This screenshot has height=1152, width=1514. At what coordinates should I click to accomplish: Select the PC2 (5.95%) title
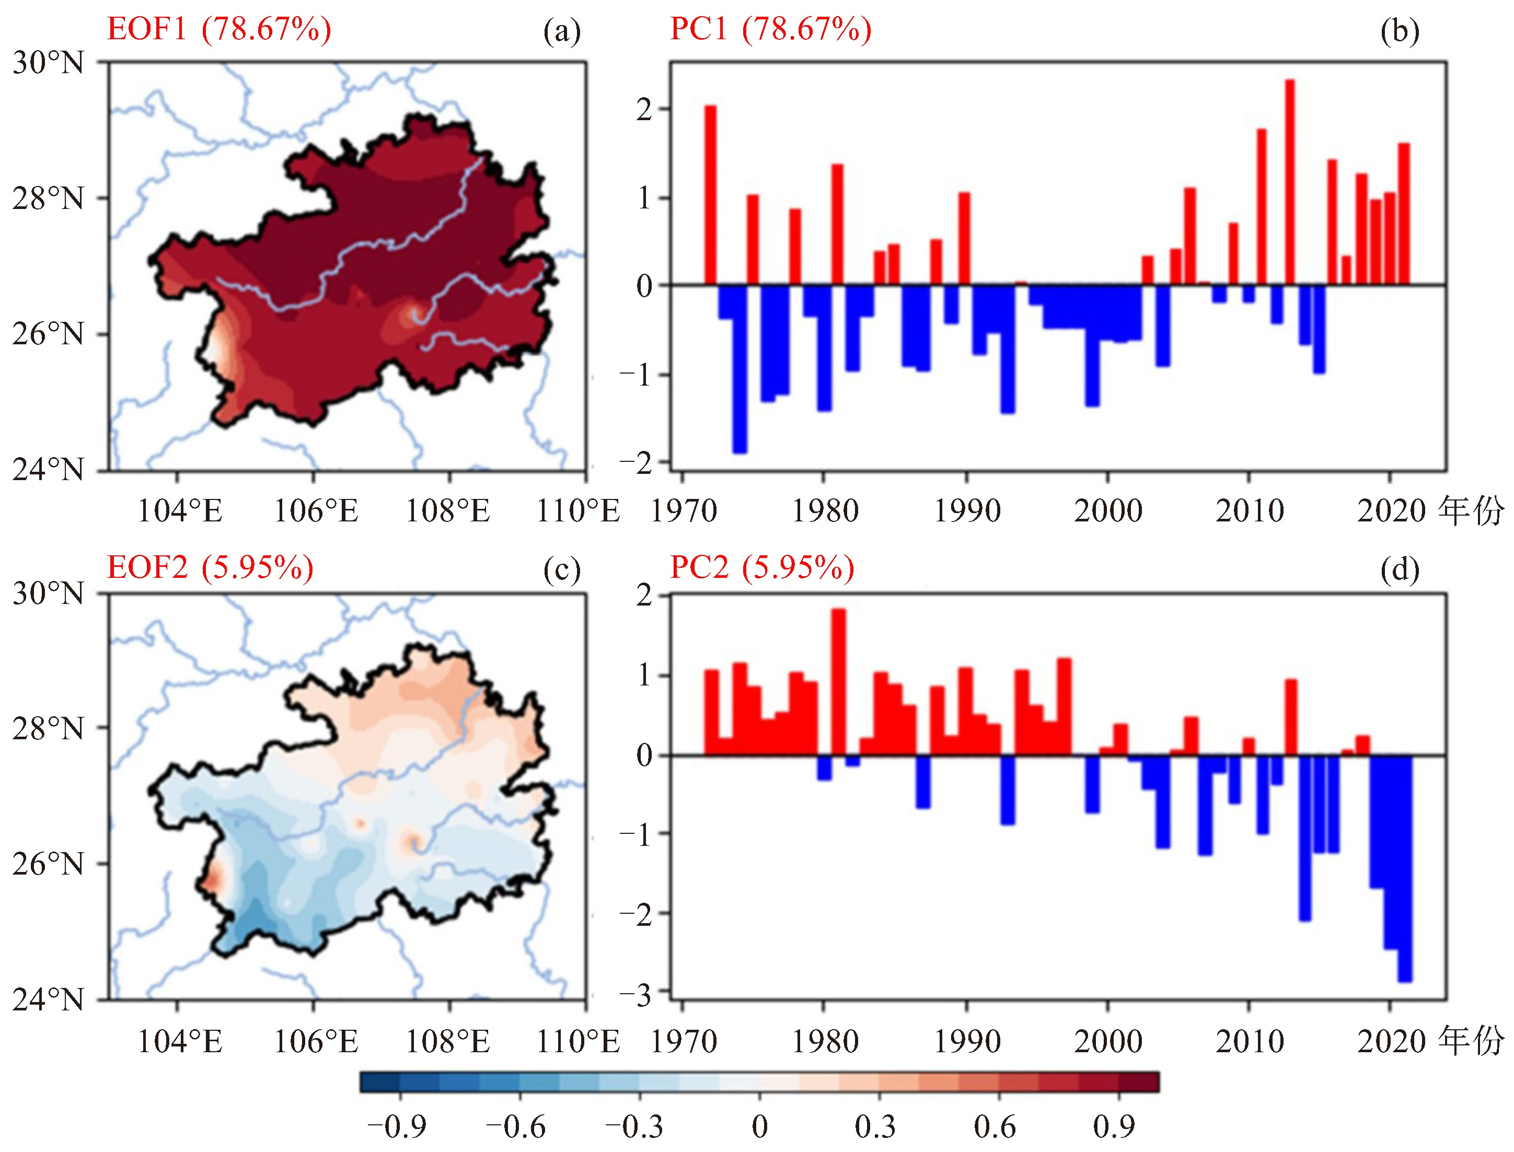761,568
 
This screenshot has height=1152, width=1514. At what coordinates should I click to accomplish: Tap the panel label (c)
561,569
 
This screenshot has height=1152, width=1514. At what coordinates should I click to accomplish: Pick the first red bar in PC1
710,195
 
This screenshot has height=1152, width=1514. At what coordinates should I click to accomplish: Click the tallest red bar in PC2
838,682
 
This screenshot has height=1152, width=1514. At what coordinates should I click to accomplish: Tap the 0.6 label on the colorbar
995,1126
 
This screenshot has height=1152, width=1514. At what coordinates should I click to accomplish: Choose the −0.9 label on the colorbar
397,1126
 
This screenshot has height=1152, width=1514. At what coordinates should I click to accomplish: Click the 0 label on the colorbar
759,1126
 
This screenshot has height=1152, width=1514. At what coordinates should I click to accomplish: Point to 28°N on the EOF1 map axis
48,199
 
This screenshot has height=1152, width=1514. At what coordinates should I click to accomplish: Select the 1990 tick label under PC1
967,511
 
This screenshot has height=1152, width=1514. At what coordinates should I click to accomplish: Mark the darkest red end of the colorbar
1139,1082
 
